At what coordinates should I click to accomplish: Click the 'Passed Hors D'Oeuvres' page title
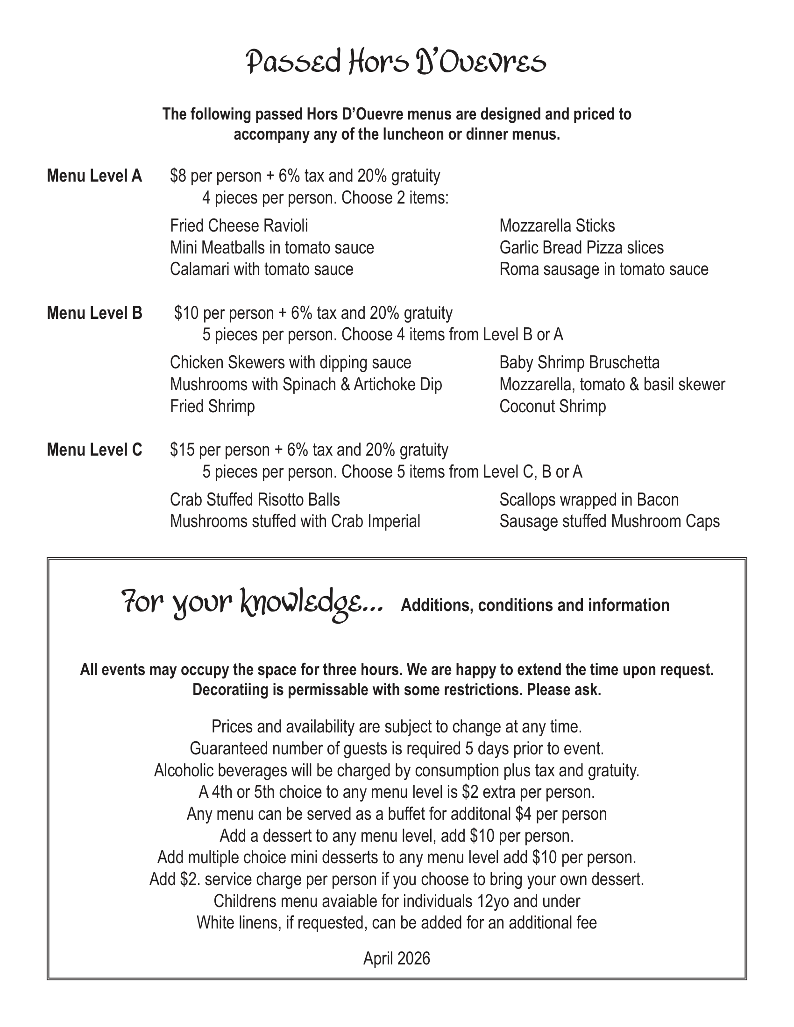pyautogui.click(x=397, y=63)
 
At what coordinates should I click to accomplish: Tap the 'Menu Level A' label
pyautogui.click(x=94, y=176)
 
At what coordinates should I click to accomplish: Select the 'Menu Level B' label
pyautogui.click(x=94, y=313)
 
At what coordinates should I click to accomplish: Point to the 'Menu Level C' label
pyautogui.click(x=94, y=450)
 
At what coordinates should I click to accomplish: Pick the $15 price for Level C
pyautogui.click(x=182, y=450)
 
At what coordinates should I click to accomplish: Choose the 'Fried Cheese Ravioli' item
pyautogui.click(x=239, y=226)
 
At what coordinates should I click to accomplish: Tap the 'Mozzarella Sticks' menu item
pyautogui.click(x=557, y=226)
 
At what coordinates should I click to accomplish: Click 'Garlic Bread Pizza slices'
pyautogui.click(x=581, y=247)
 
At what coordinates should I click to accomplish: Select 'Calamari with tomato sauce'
pyautogui.click(x=262, y=269)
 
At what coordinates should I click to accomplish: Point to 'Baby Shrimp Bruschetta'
pyautogui.click(x=580, y=363)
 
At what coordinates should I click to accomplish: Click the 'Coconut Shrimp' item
pyautogui.click(x=553, y=406)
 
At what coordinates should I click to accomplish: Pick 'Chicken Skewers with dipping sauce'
pyautogui.click(x=291, y=363)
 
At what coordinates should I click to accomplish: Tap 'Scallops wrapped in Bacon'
pyautogui.click(x=589, y=499)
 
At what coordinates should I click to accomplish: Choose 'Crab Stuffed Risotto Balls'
pyautogui.click(x=255, y=499)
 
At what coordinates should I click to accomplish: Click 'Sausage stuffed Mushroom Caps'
pyautogui.click(x=610, y=521)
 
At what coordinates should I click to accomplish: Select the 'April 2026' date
pyautogui.click(x=397, y=958)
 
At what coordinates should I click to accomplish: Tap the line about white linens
pyautogui.click(x=397, y=922)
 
